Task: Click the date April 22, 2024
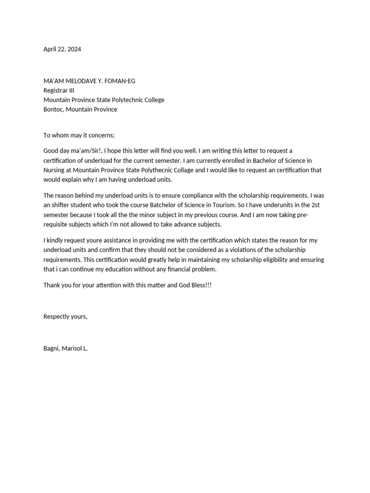point(62,49)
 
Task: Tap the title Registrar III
point(59,91)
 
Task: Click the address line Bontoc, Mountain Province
point(80,109)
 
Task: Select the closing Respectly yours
point(66,316)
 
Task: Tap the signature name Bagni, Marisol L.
point(66,348)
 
